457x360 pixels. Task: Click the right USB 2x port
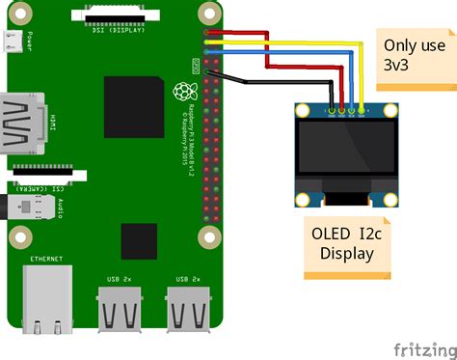[187, 307]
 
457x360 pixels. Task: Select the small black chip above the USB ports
[139, 239]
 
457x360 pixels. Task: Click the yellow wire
[289, 44]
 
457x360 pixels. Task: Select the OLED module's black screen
[346, 152]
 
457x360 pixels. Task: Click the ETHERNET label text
[45, 260]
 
